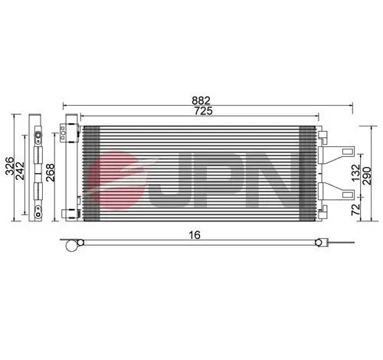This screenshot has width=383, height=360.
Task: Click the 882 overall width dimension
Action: click(x=201, y=99)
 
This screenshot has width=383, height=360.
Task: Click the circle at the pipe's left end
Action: click(x=72, y=245)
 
